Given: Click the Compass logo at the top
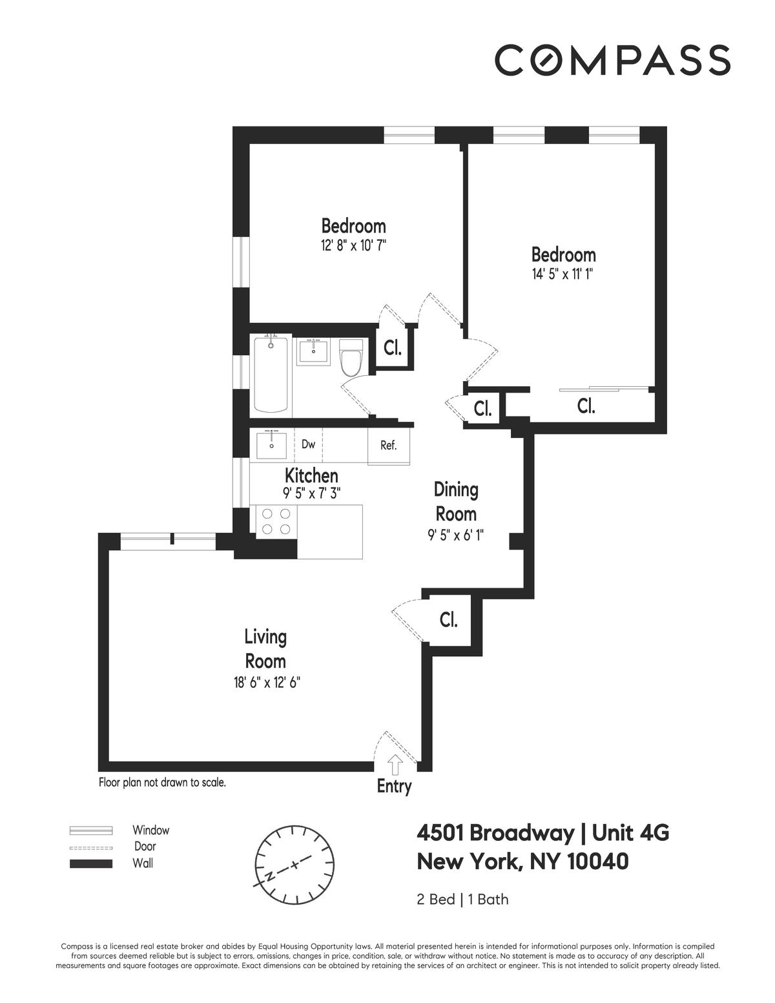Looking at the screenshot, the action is click(x=612, y=59).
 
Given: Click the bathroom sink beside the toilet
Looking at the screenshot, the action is click(x=314, y=352).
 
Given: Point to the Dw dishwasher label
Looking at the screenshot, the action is click(x=308, y=444).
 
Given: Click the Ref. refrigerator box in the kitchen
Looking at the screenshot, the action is click(x=389, y=446).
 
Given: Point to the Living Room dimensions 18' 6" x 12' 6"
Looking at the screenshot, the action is click(x=267, y=683).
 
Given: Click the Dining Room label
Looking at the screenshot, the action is click(x=456, y=502).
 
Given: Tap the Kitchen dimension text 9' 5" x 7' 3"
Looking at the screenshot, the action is click(x=311, y=493).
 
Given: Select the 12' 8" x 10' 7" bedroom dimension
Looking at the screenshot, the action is click(x=353, y=245).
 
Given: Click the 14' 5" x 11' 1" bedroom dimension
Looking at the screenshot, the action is click(x=563, y=274).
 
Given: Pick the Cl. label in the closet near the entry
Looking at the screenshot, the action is click(x=448, y=620).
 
